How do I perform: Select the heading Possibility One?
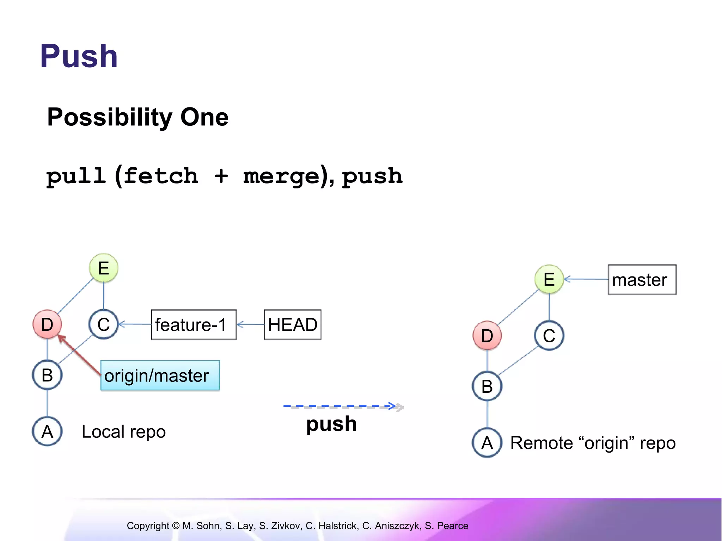137,117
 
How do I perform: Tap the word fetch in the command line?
161,176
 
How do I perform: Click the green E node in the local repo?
103,268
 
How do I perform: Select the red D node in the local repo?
47,324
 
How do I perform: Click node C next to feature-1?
103,324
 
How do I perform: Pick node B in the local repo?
47,375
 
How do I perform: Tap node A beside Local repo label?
47,431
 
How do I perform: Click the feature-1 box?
194,324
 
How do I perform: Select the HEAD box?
292,324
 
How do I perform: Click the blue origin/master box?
160,375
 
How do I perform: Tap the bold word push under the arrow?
331,424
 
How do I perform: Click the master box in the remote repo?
642,280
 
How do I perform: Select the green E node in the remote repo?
549,279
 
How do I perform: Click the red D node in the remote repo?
487,335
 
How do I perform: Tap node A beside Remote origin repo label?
487,442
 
